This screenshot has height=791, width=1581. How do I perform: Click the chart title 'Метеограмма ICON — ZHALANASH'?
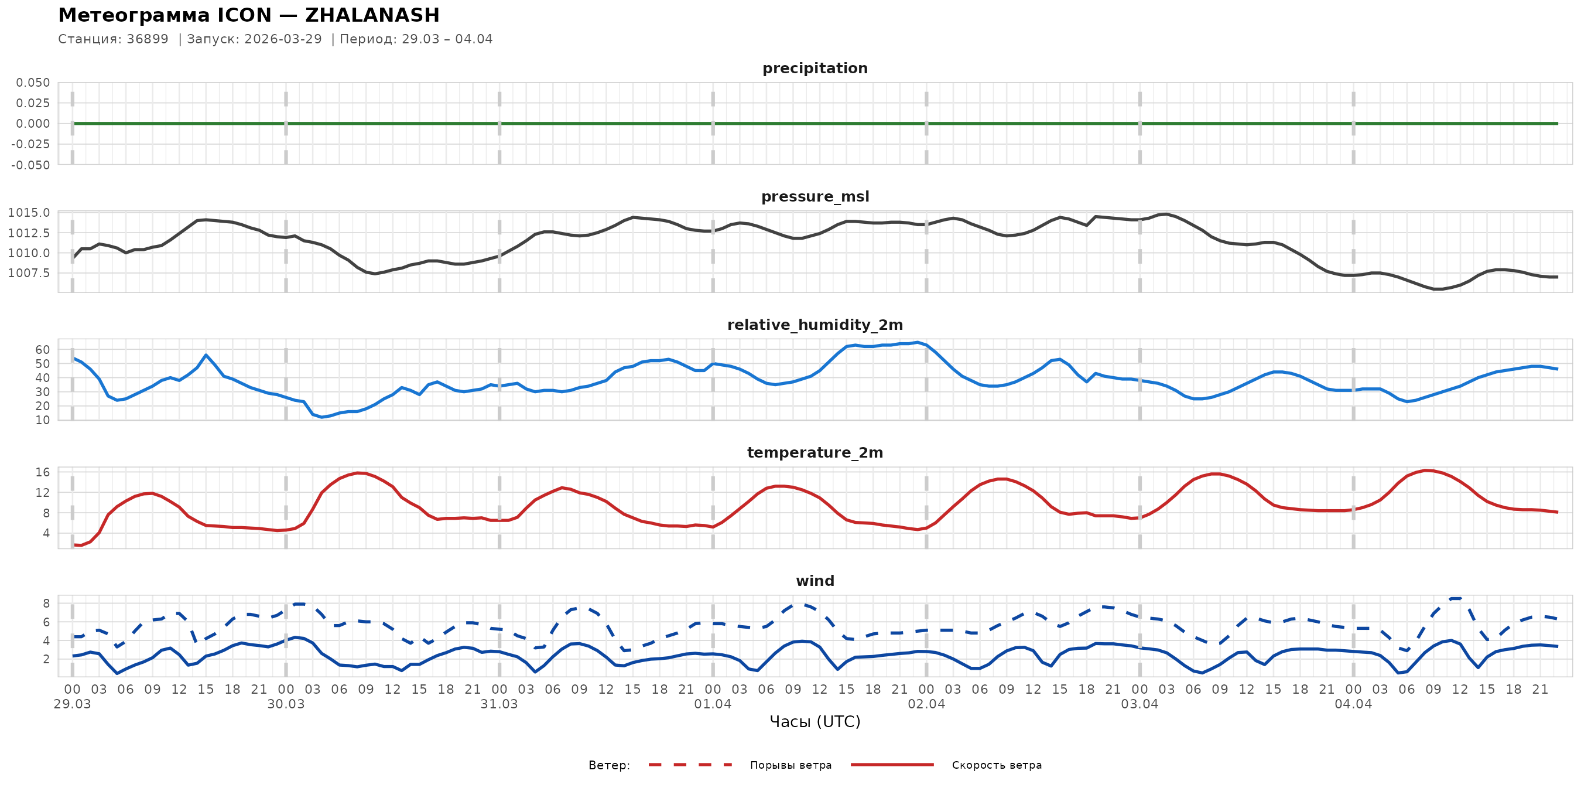(248, 15)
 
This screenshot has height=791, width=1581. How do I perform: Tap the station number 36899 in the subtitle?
(148, 39)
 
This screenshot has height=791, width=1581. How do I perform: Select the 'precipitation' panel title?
(815, 68)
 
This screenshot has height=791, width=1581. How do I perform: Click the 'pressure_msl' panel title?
(815, 196)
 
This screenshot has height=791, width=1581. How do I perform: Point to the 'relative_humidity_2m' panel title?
(815, 325)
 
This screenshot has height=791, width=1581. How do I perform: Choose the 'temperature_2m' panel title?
(815, 452)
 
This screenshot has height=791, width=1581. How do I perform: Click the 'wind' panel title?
(815, 581)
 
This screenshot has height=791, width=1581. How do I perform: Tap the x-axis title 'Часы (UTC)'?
(815, 722)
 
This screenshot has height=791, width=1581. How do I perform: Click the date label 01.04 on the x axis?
(713, 704)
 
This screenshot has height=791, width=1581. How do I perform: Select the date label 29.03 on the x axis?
(73, 704)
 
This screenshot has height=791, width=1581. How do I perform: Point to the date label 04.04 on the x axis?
(1353, 704)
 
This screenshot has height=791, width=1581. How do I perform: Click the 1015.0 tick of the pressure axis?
(29, 213)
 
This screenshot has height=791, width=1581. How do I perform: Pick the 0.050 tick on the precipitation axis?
(33, 83)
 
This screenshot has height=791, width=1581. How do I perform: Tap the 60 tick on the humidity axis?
(42, 350)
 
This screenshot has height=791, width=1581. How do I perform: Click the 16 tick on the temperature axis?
(42, 472)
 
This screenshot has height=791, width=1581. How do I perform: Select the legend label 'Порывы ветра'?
(791, 765)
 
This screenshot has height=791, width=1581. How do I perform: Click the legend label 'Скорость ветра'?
(996, 765)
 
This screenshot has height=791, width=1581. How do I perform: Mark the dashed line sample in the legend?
(690, 765)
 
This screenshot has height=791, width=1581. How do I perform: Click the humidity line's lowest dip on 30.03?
(321, 418)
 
